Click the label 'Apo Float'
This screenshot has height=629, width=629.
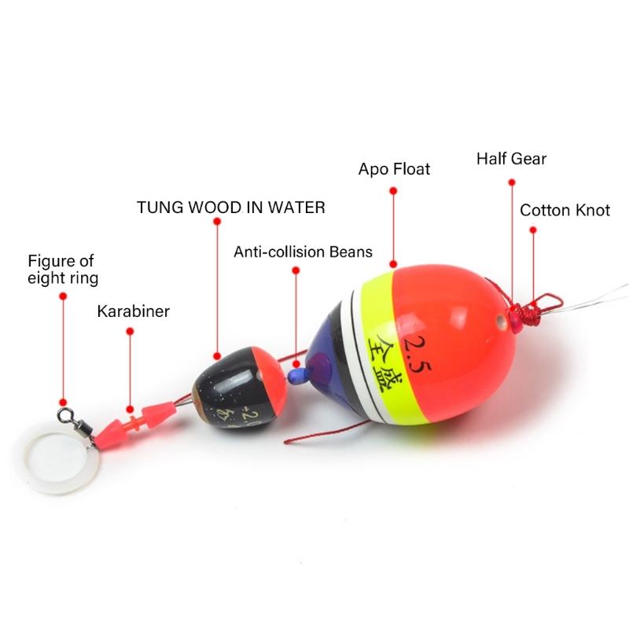(x=394, y=169)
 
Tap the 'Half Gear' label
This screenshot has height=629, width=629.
(x=511, y=158)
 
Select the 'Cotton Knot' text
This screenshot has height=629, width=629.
(x=565, y=210)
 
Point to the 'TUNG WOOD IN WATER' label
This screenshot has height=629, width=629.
(x=230, y=208)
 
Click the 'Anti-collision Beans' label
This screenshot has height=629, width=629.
(x=303, y=252)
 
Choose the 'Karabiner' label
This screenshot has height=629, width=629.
(x=133, y=311)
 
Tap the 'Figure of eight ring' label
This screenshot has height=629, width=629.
(x=63, y=269)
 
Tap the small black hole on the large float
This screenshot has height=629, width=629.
(x=502, y=321)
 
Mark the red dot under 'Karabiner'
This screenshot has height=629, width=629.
(x=130, y=332)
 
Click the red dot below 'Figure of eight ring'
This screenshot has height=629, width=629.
(x=63, y=297)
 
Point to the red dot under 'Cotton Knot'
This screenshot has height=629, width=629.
(x=533, y=230)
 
